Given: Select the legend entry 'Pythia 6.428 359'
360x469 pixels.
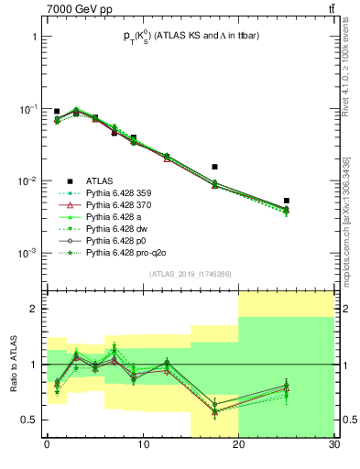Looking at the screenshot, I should click(123, 192).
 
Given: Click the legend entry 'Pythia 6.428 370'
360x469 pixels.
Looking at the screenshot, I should click(123, 204).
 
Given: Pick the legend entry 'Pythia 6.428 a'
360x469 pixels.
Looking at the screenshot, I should click(116, 216).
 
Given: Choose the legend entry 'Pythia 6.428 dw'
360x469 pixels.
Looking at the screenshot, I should click(119, 228).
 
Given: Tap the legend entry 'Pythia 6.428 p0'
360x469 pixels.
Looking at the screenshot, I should click(118, 240).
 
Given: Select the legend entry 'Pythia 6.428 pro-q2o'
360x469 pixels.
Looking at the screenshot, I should click(126, 252).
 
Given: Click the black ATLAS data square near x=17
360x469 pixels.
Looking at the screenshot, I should click(214, 167).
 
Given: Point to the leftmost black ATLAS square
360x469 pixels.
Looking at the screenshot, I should click(57, 112).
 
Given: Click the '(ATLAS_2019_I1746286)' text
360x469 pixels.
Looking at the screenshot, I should click(190, 274).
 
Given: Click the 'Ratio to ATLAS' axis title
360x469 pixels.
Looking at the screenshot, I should click(15, 364).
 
